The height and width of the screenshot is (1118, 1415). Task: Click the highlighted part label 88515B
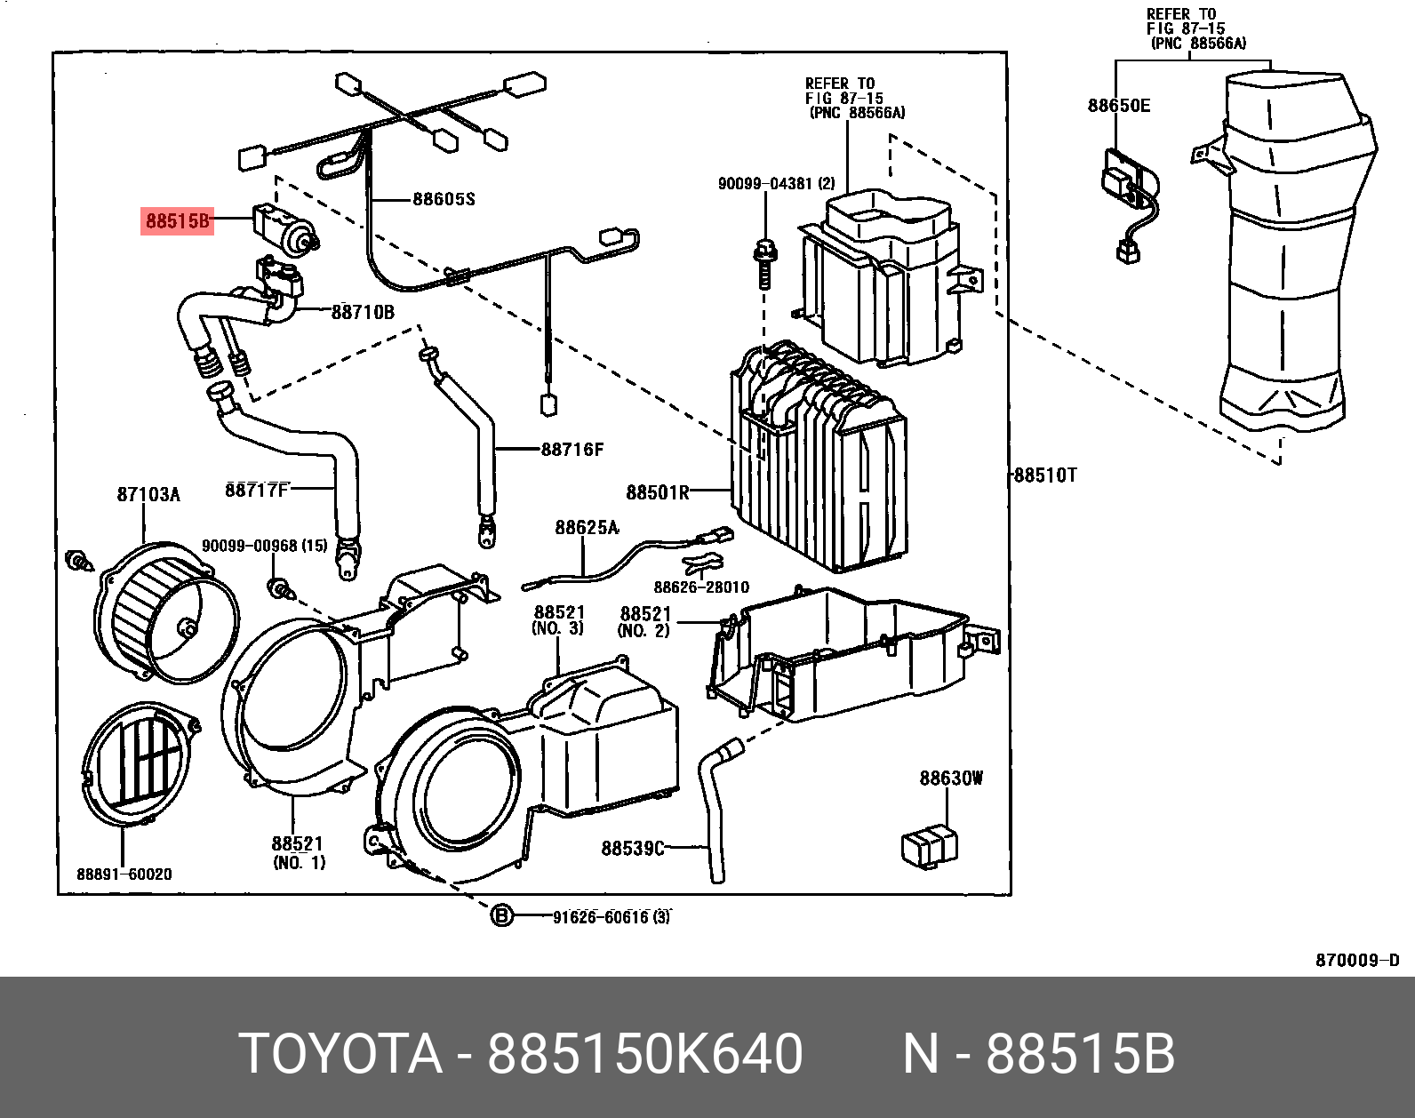pyautogui.click(x=178, y=220)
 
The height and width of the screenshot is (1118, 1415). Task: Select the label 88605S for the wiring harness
pyautogui.click(x=444, y=199)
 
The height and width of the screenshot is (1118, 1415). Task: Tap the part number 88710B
pyautogui.click(x=363, y=312)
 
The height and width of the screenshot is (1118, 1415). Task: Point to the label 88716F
pyautogui.click(x=572, y=450)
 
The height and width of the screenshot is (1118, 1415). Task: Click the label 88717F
pyautogui.click(x=256, y=490)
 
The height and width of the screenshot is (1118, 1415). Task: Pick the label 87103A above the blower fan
pyautogui.click(x=148, y=494)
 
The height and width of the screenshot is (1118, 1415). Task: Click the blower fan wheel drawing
pyautogui.click(x=167, y=613)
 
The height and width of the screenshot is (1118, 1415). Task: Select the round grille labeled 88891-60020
pyautogui.click(x=138, y=763)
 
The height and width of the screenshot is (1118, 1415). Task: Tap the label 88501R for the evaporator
pyautogui.click(x=658, y=492)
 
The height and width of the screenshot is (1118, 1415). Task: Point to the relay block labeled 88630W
pyautogui.click(x=929, y=845)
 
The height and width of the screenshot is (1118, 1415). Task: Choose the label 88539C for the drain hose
pyautogui.click(x=632, y=849)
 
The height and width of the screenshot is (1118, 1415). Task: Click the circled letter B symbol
pyautogui.click(x=502, y=915)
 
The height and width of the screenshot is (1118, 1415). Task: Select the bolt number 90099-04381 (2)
pyautogui.click(x=776, y=184)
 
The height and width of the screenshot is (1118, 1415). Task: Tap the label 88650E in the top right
pyautogui.click(x=1118, y=106)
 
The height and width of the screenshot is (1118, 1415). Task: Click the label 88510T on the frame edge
pyautogui.click(x=1045, y=475)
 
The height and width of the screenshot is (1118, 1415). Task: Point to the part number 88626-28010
pyautogui.click(x=701, y=587)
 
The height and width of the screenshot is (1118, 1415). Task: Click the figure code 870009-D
pyautogui.click(x=1357, y=960)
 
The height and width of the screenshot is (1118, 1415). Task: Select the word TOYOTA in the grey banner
pyautogui.click(x=340, y=1054)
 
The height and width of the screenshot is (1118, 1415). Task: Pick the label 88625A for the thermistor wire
pyautogui.click(x=587, y=528)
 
